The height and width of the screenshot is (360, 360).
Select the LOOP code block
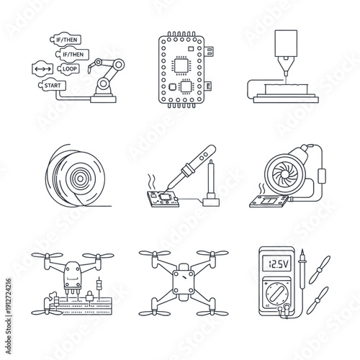pyautogui.click(x=70, y=68)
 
